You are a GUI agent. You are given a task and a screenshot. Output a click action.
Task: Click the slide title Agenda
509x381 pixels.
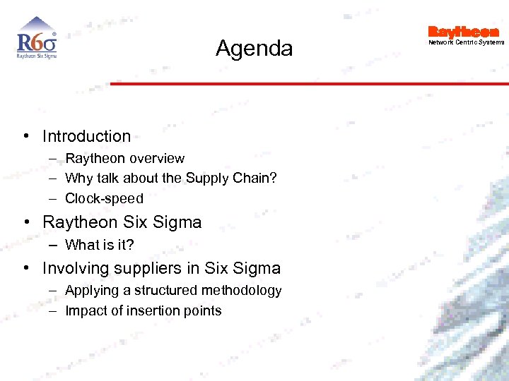click(254, 49)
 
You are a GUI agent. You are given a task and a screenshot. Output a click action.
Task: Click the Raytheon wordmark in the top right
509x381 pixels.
click(463, 32)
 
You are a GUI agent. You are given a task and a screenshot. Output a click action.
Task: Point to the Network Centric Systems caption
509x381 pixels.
click(467, 42)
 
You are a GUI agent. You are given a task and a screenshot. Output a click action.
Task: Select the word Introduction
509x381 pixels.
click(86, 136)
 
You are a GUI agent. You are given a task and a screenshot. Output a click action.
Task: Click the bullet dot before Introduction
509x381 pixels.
click(25, 136)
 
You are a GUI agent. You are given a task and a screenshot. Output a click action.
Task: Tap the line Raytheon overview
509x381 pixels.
click(124, 159)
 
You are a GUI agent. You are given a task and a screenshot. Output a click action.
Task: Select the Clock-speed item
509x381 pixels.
click(104, 198)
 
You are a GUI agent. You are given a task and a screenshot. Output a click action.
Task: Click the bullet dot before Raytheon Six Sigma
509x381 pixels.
click(25, 222)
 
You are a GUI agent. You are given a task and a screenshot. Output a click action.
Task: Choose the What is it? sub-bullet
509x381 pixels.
click(99, 245)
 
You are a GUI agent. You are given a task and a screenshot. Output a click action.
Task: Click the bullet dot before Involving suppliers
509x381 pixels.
click(25, 268)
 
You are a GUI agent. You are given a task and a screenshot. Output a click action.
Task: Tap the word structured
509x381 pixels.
click(166, 291)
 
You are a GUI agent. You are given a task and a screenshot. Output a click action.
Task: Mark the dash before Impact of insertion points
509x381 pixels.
click(53, 310)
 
